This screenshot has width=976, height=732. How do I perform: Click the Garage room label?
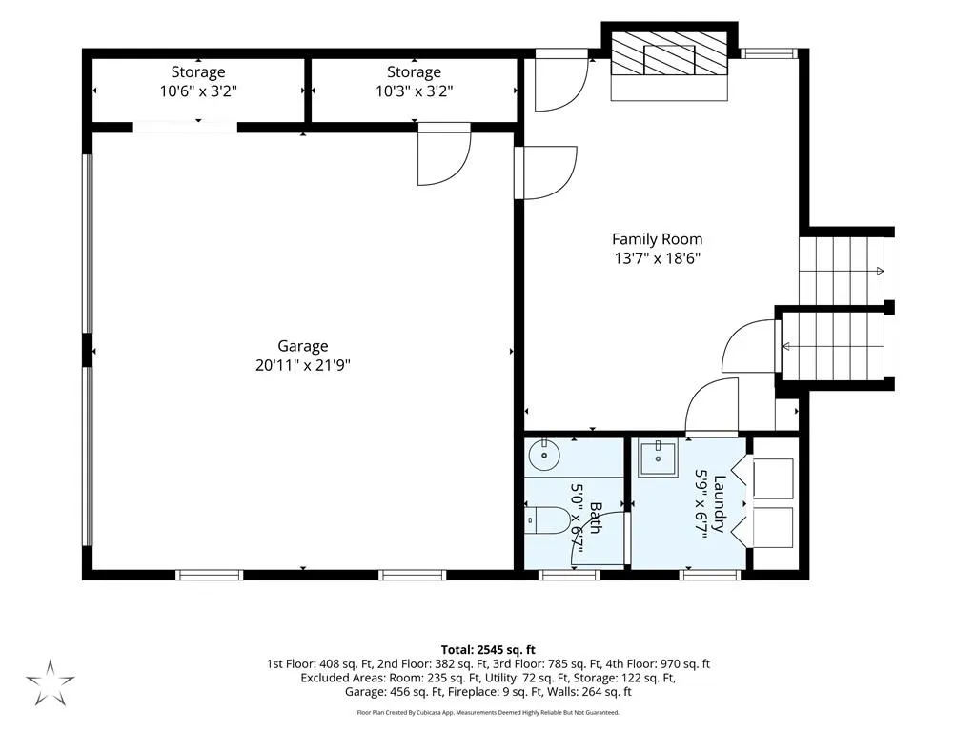tap(302, 346)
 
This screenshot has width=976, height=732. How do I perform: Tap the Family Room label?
tap(658, 239)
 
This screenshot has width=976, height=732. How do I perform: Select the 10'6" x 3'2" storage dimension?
tap(198, 91)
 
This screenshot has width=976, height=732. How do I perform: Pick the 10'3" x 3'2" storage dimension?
tap(414, 91)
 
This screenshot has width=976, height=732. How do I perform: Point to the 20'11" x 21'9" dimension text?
tap(303, 365)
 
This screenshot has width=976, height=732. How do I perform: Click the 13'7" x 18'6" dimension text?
tap(658, 258)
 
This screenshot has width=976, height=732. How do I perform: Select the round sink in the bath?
tap(544, 455)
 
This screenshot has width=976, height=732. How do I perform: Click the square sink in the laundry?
tap(658, 459)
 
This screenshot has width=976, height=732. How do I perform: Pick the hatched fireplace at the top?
tap(669, 53)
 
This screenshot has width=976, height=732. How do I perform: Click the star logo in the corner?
tap(50, 681)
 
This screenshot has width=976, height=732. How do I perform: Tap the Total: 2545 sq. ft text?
tap(488, 650)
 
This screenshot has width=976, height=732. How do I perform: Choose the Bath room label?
tap(595, 518)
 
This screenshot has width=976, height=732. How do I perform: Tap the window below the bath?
tap(569, 575)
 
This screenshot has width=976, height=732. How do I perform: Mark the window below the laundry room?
tap(709, 575)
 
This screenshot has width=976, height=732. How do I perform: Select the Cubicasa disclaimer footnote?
tap(488, 712)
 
